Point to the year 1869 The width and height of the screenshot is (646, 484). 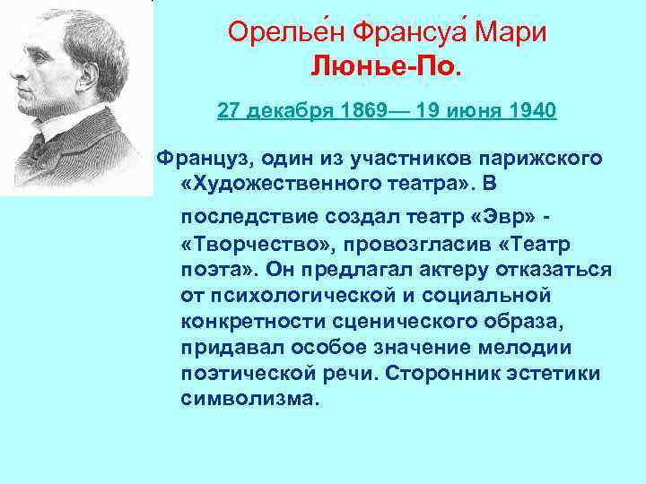pos(358,112)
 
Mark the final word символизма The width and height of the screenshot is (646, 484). pos(249,398)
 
